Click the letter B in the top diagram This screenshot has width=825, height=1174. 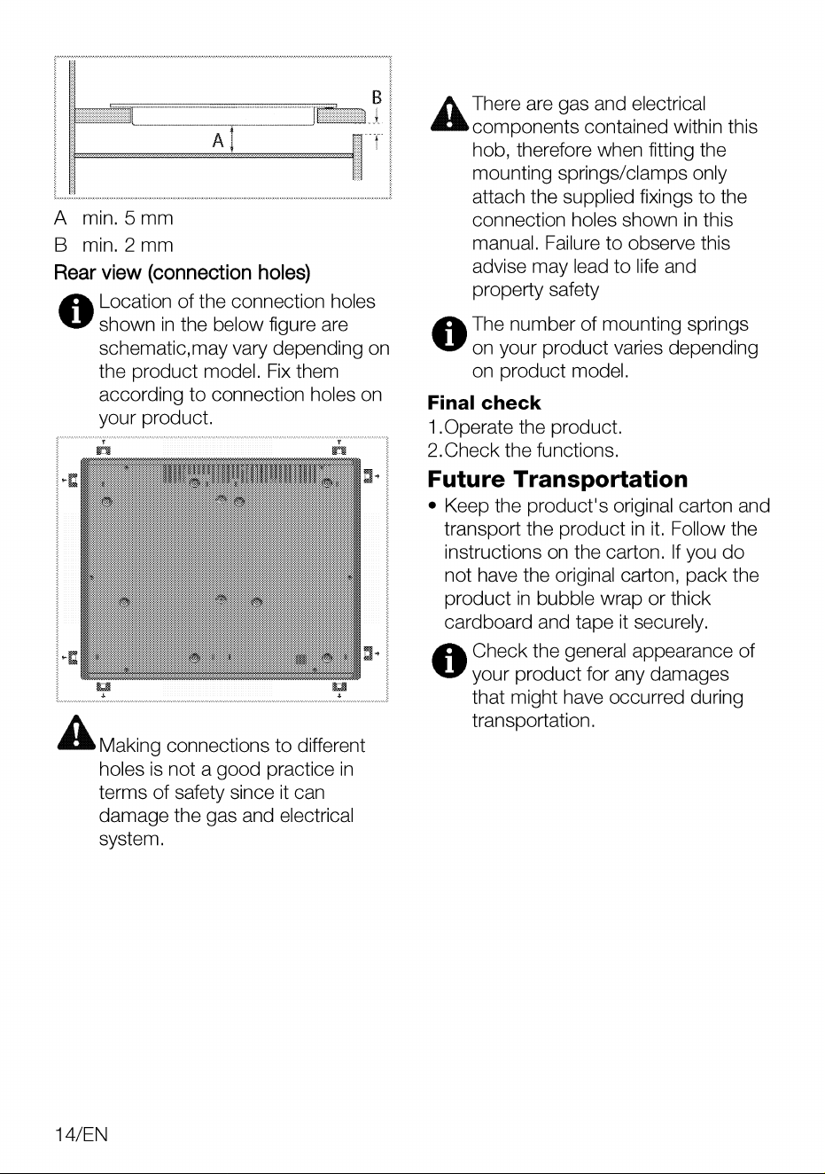tap(377, 97)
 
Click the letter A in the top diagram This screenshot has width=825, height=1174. tap(218, 140)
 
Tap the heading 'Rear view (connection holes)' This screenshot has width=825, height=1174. tap(183, 272)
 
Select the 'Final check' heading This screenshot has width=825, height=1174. tap(484, 403)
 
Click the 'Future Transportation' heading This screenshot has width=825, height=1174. tap(557, 479)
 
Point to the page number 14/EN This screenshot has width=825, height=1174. tap(82, 1134)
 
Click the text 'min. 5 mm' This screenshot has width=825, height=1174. tap(128, 218)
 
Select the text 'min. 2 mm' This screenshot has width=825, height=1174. tap(128, 246)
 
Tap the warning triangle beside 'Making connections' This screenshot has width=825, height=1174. tap(76, 732)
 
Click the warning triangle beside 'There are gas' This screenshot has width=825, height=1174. tap(449, 113)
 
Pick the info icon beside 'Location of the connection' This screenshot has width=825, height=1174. tap(76, 311)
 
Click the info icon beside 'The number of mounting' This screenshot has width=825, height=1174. tap(449, 334)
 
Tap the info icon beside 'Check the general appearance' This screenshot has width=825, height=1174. tap(449, 661)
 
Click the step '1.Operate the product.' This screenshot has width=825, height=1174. tap(525, 427)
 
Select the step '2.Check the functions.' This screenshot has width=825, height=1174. tap(524, 450)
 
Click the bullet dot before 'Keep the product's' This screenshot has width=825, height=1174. tap(432, 506)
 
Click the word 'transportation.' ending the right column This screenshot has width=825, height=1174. tap(533, 721)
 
